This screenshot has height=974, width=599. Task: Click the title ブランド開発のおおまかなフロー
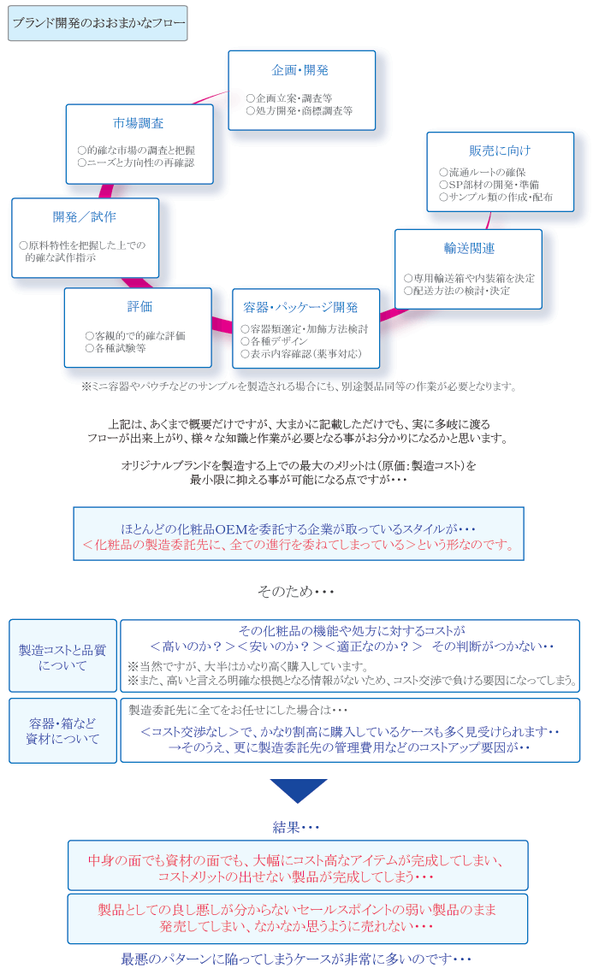point(98,23)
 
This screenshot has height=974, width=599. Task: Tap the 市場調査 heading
point(138,123)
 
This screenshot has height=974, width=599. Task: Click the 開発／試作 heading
point(84,216)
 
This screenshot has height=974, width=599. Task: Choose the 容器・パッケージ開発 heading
point(300,307)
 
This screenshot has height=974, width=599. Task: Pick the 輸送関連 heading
point(468,248)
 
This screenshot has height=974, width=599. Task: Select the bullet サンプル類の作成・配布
point(495,197)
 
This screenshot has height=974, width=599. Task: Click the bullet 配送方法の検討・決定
point(457,291)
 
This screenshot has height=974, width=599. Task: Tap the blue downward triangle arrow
point(299,790)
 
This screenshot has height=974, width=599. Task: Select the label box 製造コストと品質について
point(62,657)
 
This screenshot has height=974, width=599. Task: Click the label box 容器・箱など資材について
point(62,731)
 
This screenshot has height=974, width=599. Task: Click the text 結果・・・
point(296,827)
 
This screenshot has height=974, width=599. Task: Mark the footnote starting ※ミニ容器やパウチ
point(299,387)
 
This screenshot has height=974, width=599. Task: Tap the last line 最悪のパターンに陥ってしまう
point(296,959)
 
